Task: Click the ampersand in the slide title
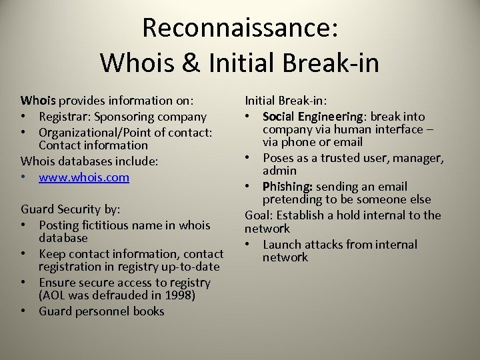(x=187, y=63)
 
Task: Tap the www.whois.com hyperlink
(x=84, y=177)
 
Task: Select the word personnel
(x=102, y=311)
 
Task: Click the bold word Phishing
(x=287, y=187)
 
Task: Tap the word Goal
(x=258, y=215)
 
